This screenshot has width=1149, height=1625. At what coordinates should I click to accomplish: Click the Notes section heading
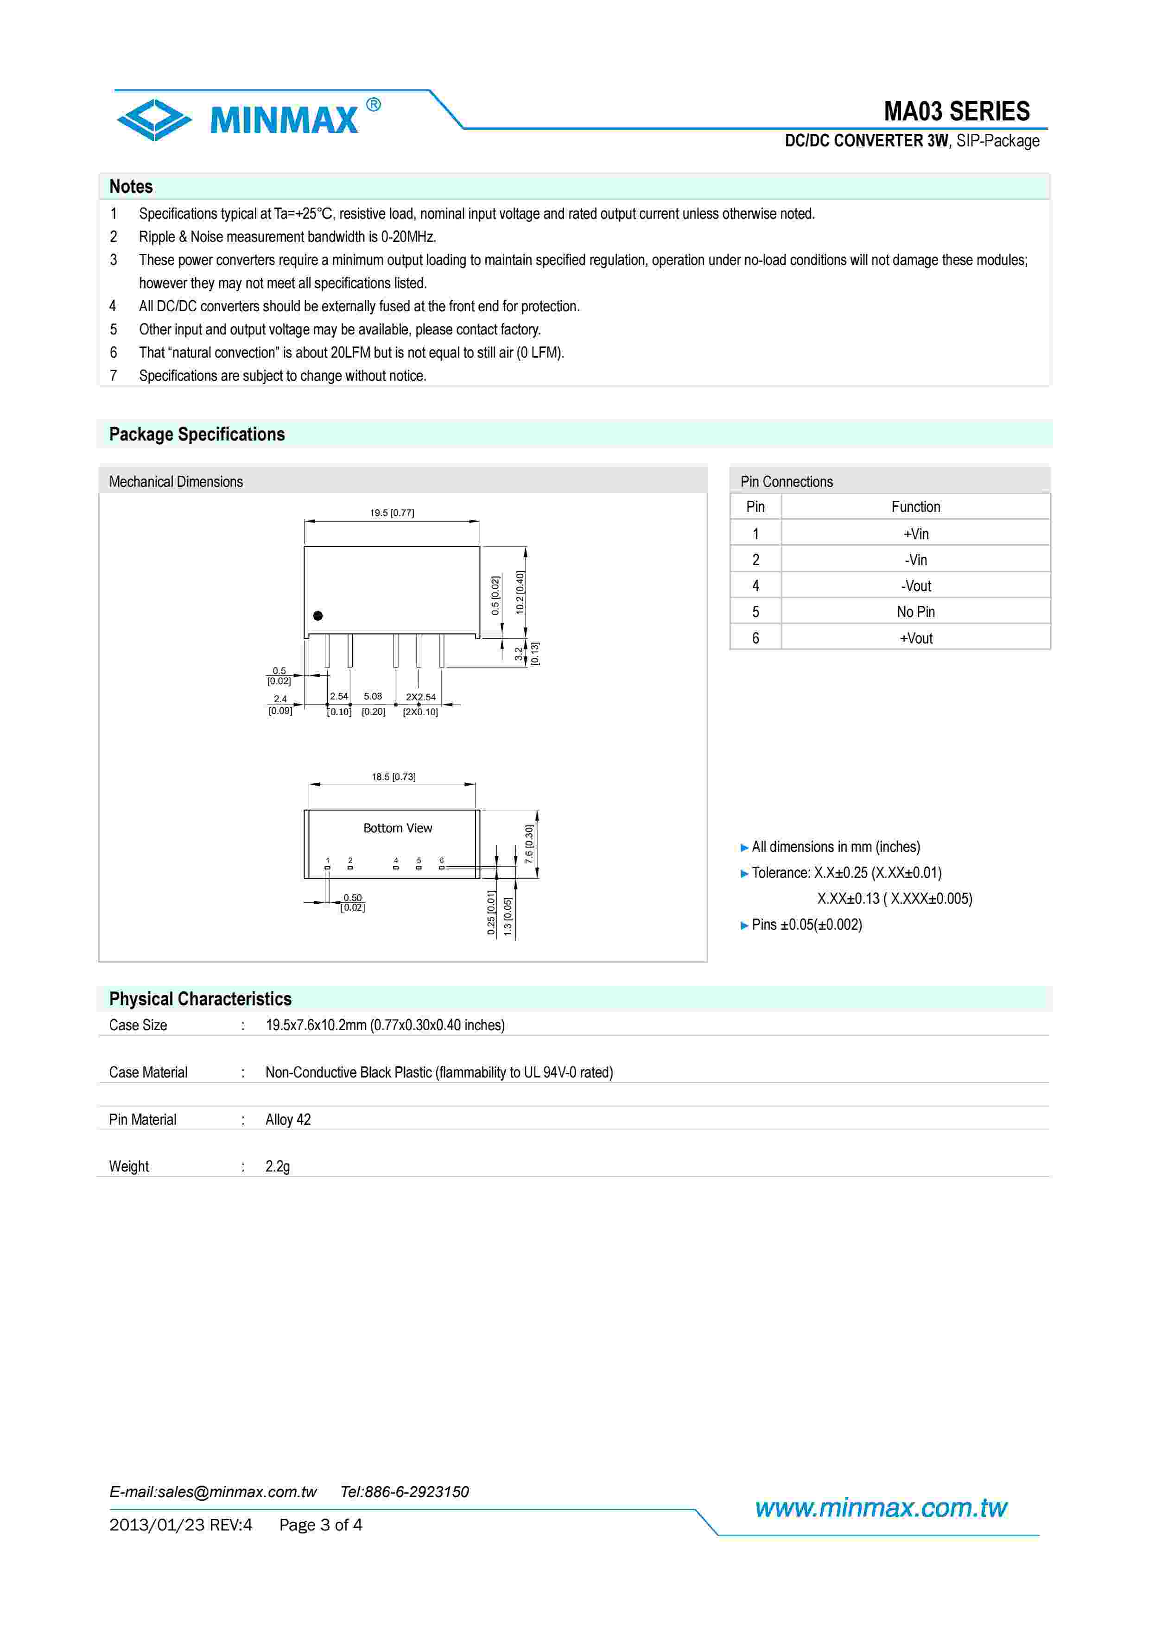tap(131, 186)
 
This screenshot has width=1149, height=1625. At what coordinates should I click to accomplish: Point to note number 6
tap(113, 353)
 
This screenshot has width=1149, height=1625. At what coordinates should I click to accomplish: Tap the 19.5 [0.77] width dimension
tap(392, 512)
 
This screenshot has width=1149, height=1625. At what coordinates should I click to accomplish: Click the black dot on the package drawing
tap(318, 616)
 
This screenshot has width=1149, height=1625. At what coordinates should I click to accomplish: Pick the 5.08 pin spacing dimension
tap(373, 696)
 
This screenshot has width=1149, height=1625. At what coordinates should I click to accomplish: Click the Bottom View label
tap(397, 828)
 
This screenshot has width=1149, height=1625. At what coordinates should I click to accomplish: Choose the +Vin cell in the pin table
tap(915, 534)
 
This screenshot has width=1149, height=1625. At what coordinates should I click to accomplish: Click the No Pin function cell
tap(915, 611)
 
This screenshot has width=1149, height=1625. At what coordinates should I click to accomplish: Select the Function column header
tap(915, 507)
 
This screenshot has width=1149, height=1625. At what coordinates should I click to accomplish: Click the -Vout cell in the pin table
tap(915, 586)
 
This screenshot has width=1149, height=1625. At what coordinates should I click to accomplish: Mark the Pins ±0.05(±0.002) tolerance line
tap(806, 924)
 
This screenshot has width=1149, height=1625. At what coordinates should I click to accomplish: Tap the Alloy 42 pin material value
tap(288, 1119)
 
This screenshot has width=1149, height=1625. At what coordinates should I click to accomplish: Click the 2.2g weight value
tap(278, 1165)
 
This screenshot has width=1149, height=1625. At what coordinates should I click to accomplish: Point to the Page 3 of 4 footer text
tap(321, 1524)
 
